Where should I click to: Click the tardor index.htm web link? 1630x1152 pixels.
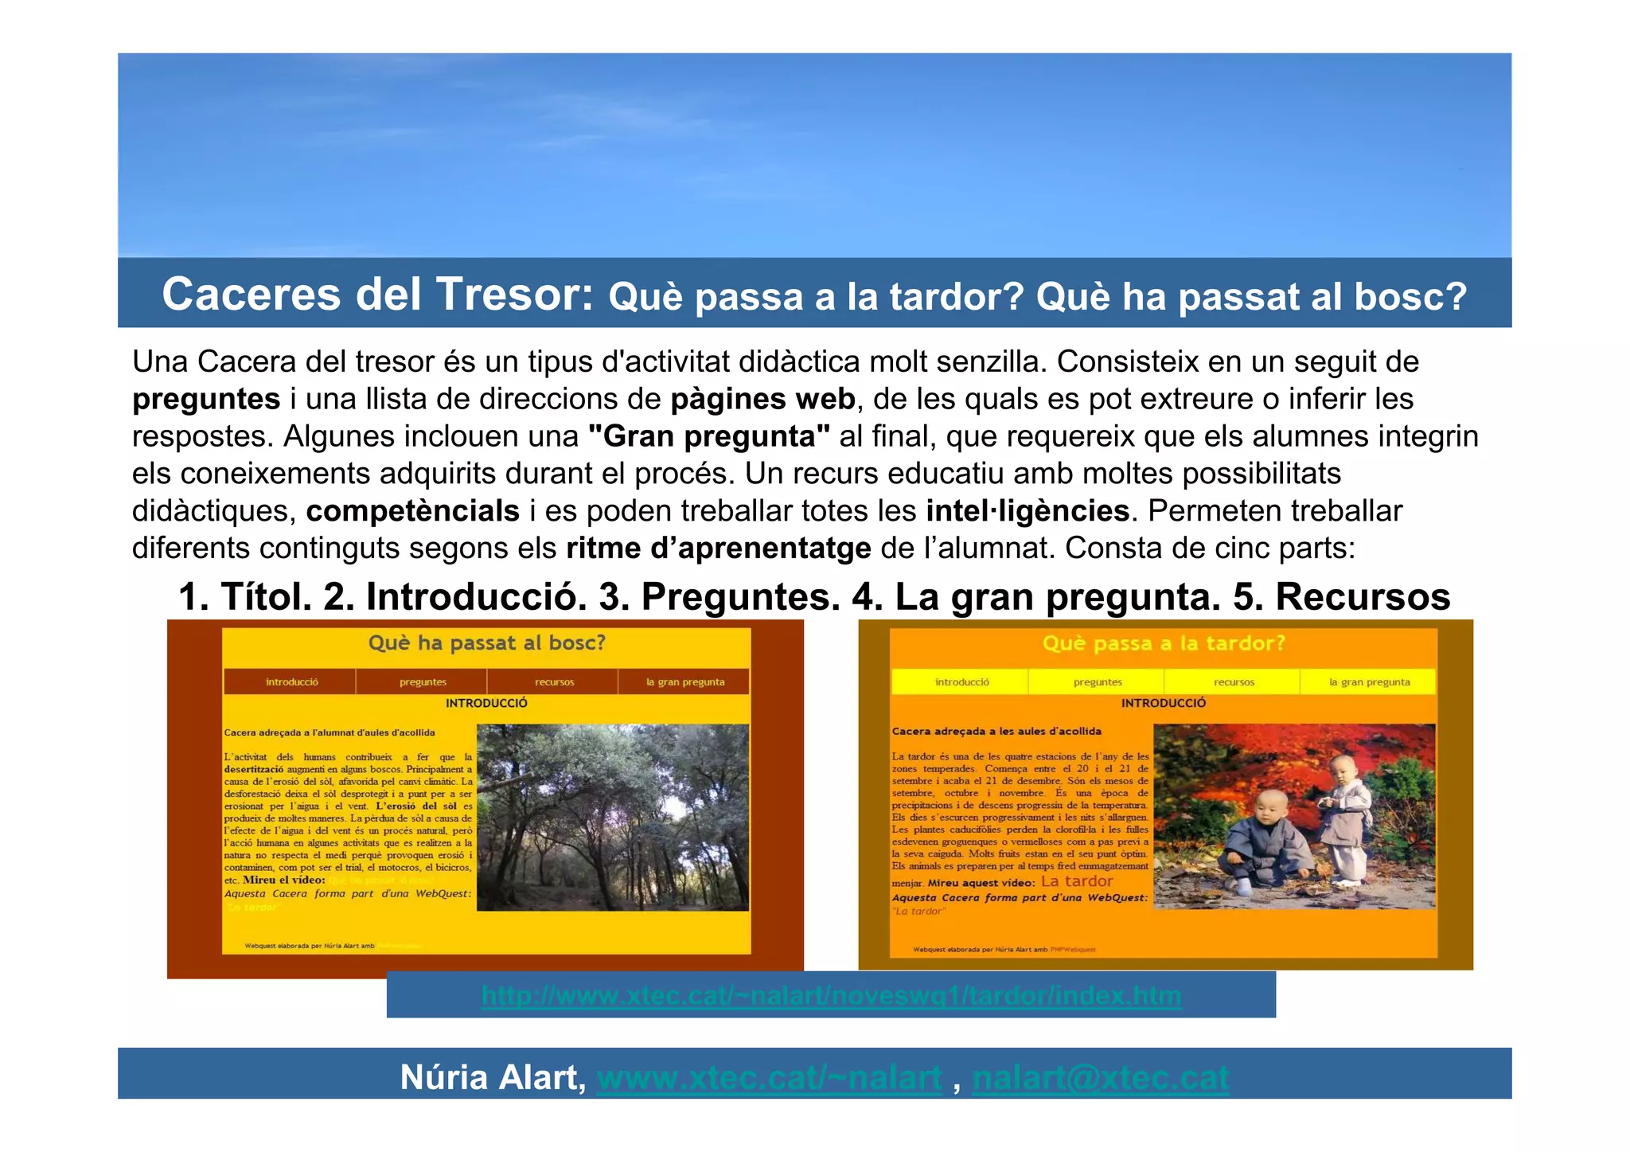tap(831, 996)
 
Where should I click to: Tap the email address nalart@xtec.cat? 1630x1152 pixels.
tap(1100, 1078)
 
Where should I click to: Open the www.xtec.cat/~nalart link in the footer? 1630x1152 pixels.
tap(769, 1078)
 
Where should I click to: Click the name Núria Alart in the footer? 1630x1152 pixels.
tap(493, 1078)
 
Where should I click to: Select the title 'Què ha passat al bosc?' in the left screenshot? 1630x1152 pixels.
tap(486, 643)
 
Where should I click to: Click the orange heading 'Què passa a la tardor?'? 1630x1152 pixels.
tap(1164, 643)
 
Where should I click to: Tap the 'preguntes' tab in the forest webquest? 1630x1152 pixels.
tap(423, 682)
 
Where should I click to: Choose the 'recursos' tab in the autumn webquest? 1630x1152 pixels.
tap(1234, 682)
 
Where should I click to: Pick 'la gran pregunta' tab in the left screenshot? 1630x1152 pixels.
tap(684, 682)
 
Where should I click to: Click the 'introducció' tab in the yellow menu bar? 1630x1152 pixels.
tap(961, 682)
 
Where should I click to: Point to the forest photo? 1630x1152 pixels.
tap(612, 817)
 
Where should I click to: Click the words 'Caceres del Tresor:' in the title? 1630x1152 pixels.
tap(378, 294)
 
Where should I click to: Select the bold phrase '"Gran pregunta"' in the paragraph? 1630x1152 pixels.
tap(708, 436)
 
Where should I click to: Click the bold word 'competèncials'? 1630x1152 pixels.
tap(412, 511)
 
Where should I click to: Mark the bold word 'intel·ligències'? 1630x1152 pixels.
tap(1027, 511)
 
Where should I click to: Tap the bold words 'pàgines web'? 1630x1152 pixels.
tap(762, 399)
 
